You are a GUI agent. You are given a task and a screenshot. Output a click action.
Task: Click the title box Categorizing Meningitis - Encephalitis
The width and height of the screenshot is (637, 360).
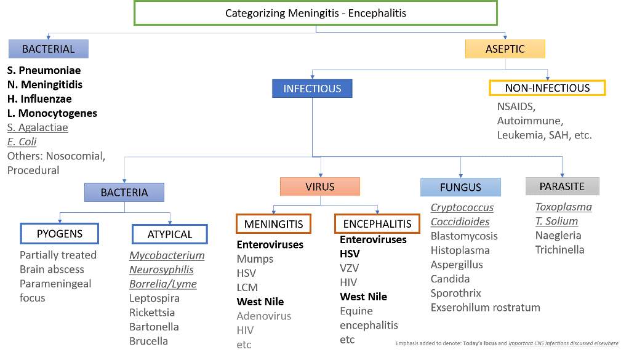[x=316, y=13]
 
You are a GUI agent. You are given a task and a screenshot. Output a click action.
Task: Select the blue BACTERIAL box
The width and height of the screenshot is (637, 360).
[x=49, y=49]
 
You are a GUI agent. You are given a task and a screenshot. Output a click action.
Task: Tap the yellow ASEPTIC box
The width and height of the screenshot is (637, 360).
[x=505, y=49]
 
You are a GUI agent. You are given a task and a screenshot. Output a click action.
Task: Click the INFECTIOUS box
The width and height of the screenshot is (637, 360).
[x=312, y=89]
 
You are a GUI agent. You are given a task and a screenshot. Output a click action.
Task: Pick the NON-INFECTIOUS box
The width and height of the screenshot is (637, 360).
[x=547, y=88]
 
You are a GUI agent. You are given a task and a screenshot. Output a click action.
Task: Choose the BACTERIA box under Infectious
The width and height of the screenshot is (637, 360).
[x=124, y=193]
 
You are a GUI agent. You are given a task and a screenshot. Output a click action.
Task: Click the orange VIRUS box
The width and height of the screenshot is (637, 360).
[x=320, y=187]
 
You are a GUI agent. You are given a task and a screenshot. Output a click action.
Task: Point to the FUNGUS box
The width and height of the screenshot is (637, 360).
[x=460, y=187]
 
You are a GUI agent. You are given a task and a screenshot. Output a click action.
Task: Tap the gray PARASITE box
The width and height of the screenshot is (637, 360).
[x=562, y=186]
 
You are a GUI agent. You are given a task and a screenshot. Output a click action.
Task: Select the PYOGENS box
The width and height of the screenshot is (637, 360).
[x=60, y=234]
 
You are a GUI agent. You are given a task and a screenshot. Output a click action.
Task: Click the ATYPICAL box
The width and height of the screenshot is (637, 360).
[x=170, y=234]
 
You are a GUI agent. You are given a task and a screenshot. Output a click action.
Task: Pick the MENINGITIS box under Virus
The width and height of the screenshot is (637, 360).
[x=273, y=224]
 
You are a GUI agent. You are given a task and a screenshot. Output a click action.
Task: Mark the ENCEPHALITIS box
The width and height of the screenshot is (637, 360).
[x=377, y=223]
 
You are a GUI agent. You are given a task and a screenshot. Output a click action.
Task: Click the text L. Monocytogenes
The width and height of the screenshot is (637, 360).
[x=52, y=113]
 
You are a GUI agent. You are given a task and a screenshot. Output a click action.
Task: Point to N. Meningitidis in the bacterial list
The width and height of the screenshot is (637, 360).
[x=45, y=85]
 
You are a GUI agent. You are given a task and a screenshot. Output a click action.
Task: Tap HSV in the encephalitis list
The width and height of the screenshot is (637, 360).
[x=350, y=254]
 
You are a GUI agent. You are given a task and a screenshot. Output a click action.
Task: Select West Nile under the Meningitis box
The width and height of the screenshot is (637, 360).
[x=260, y=302]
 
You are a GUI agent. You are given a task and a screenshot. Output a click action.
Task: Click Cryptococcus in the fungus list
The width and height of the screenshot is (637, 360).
[x=462, y=208]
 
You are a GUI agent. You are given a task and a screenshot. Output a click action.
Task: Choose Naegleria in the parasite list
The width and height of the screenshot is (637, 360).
[x=558, y=235]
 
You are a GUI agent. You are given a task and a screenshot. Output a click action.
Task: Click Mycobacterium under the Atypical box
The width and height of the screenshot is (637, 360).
[x=167, y=255]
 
